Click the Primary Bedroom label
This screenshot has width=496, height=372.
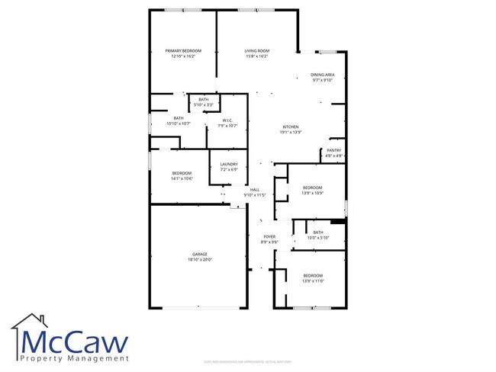pos(183,50)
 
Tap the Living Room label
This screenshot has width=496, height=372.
pos(256,50)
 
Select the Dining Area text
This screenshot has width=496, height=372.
pos(323,74)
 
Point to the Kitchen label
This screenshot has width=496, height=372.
pos(290,127)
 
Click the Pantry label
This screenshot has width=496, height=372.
pos(334,150)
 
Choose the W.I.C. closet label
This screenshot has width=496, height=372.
pos(227,120)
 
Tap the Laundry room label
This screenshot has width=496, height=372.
pos(229,164)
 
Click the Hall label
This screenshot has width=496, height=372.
pos(254,189)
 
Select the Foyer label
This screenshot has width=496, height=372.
pos(269,236)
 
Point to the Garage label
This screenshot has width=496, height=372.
pos(200,254)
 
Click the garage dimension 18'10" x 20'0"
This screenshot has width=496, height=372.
pos(200,260)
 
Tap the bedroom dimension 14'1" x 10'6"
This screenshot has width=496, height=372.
pos(182,178)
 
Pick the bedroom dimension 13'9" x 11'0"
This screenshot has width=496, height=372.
pos(313,281)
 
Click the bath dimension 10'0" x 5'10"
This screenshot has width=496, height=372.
pos(317,238)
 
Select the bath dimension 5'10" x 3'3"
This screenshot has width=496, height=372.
pos(203,104)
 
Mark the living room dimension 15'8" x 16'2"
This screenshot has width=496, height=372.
pos(256,56)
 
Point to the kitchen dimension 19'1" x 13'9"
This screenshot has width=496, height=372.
pos(290,133)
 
